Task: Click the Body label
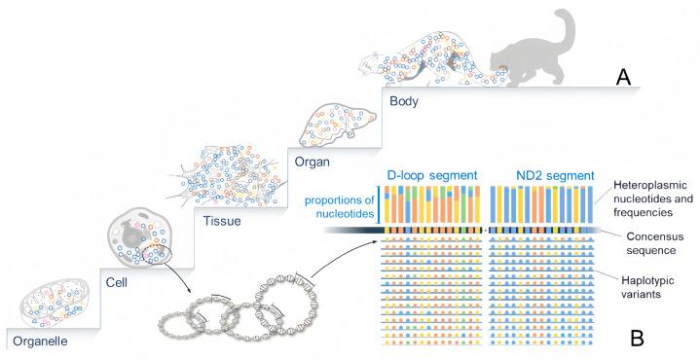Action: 404,98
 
